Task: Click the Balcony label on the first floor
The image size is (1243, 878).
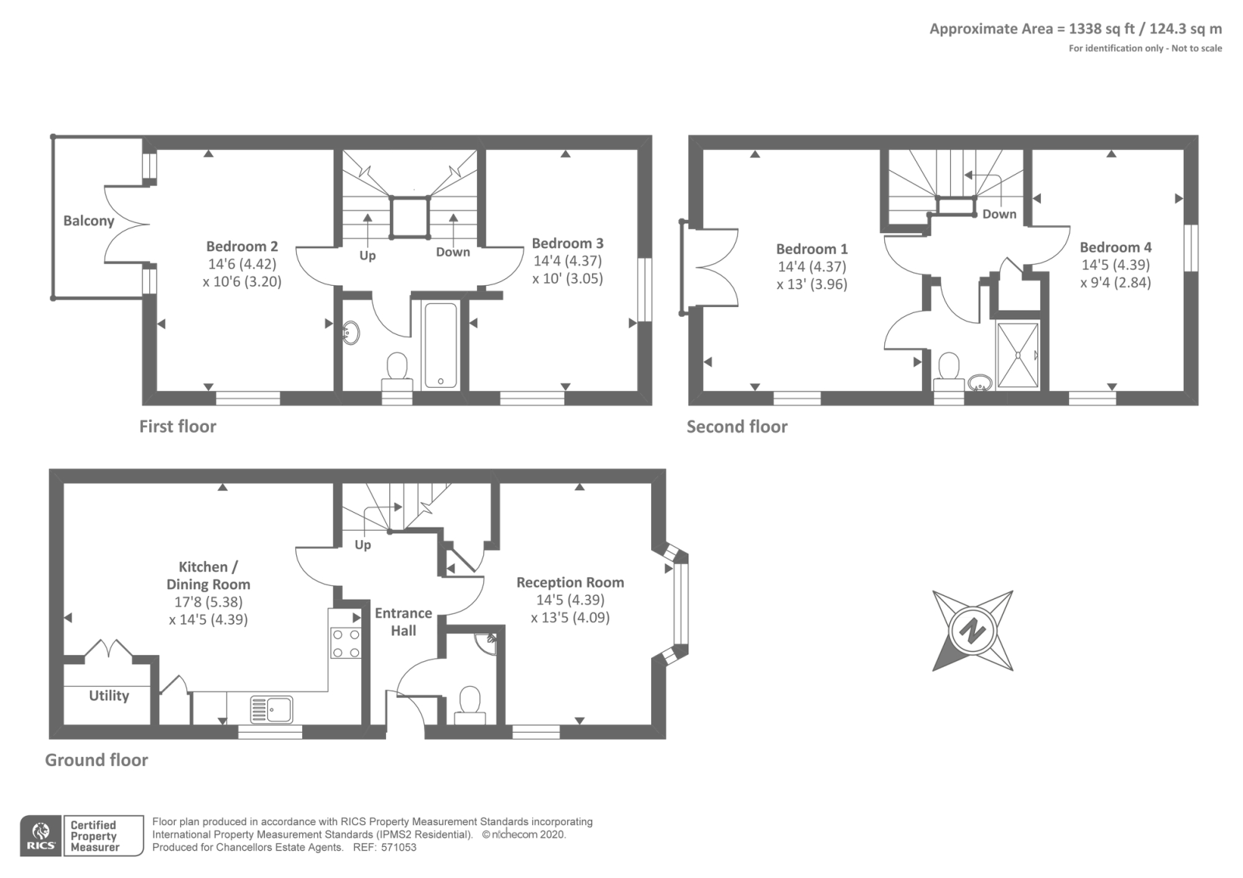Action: click(89, 221)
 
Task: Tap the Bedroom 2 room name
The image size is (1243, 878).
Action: click(242, 246)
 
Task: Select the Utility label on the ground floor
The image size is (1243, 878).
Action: click(110, 696)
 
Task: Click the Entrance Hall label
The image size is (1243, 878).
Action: click(403, 622)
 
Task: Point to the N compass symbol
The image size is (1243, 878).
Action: click(973, 630)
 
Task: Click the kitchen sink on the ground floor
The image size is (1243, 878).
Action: click(271, 709)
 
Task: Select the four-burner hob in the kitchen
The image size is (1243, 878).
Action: click(346, 643)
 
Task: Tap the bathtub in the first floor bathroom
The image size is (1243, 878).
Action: click(440, 345)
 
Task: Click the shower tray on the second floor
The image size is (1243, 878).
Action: click(1018, 355)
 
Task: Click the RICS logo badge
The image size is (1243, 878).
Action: click(41, 836)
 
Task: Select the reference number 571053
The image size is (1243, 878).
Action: click(399, 848)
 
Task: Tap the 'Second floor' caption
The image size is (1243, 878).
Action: click(737, 427)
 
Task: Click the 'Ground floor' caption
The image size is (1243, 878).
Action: click(96, 760)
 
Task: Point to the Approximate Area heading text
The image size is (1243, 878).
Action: click(1076, 29)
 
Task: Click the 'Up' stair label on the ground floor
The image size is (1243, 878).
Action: click(363, 545)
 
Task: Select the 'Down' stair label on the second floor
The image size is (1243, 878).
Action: click(999, 214)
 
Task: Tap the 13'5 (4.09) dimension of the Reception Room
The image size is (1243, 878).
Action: click(570, 618)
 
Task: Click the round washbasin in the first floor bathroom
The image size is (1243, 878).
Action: click(350, 333)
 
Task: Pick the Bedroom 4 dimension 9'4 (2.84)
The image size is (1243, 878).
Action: click(1116, 283)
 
